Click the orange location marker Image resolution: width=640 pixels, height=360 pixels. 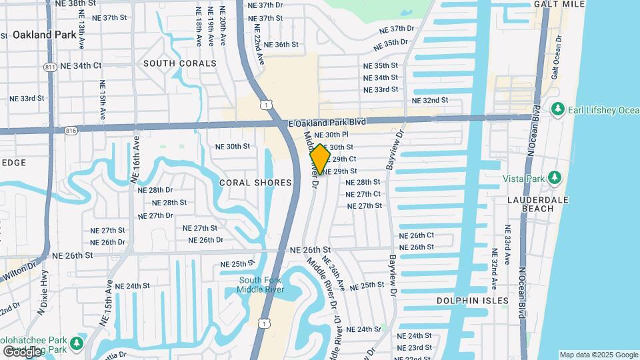point(320,159)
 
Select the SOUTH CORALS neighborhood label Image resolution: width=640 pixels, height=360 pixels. point(180,63)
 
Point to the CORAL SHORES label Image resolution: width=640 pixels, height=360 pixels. point(256,183)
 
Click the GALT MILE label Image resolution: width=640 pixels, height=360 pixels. point(559,4)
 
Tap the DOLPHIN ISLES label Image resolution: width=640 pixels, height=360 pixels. point(473,301)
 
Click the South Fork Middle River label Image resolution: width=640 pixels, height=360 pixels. point(261,284)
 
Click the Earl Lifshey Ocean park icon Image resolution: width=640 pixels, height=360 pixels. point(558,109)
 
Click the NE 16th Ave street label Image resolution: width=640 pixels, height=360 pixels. point(136,159)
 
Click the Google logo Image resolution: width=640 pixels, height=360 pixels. point(22,351)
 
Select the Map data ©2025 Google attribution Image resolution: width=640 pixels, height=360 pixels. point(598,355)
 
